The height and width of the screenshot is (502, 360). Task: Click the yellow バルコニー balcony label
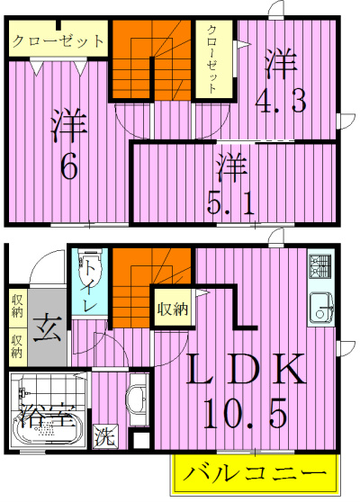(x=255, y=471)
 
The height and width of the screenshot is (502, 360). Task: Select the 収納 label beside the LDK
(x=172, y=309)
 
